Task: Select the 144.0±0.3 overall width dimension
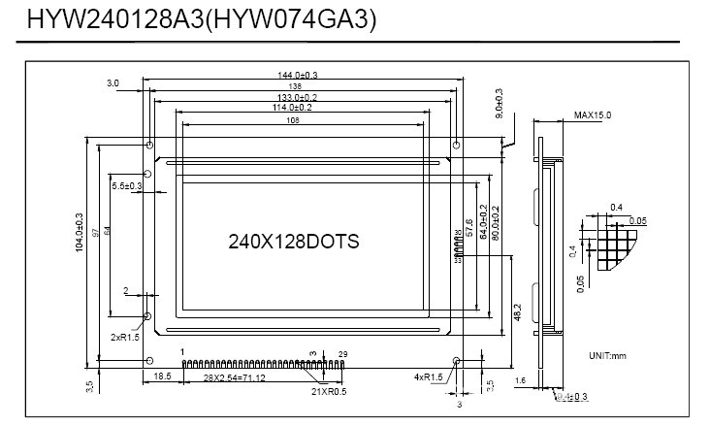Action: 299,75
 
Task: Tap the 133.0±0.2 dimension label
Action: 299,97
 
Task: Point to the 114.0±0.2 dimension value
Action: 300,108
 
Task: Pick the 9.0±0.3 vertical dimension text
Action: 499,104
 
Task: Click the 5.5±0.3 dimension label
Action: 126,184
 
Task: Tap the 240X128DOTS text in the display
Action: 294,241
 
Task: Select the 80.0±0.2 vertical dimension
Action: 496,223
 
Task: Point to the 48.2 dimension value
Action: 517,311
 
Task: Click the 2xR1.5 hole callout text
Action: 126,337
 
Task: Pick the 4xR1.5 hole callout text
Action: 428,376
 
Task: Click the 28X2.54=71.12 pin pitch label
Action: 231,376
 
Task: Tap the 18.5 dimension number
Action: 162,376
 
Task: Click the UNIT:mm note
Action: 608,356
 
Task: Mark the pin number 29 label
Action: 341,353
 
